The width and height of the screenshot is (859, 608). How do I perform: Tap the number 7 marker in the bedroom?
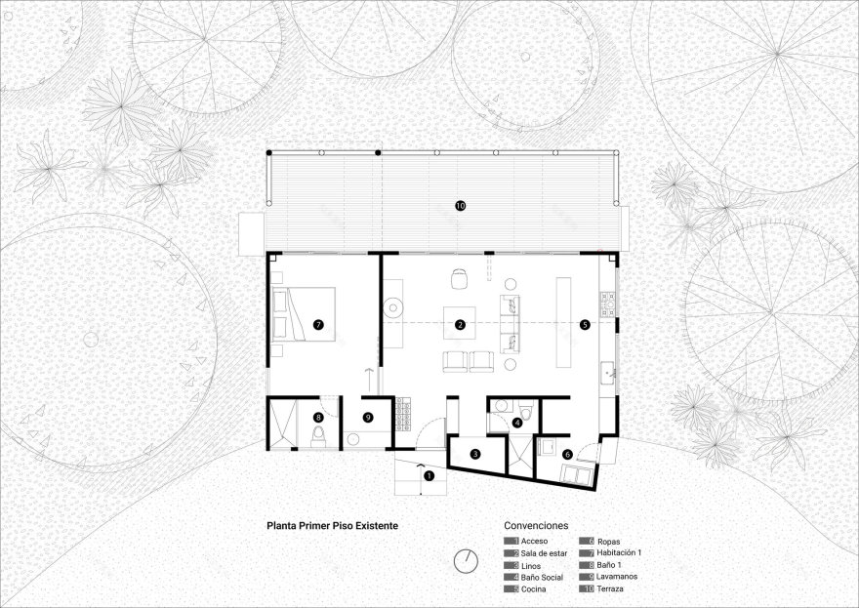[x=318, y=323]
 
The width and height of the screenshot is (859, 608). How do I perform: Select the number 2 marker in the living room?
[x=461, y=323]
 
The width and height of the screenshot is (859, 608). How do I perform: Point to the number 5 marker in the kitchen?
[x=585, y=323]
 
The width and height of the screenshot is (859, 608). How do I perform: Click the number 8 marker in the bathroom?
[x=318, y=418]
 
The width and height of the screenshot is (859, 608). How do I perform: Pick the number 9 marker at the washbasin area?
[x=368, y=418]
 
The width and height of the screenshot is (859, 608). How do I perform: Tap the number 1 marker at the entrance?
[x=427, y=475]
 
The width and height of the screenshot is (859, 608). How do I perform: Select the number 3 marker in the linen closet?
[x=475, y=454]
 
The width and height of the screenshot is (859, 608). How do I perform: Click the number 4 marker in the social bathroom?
[x=517, y=422]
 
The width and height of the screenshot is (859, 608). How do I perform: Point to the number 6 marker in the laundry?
[x=567, y=454]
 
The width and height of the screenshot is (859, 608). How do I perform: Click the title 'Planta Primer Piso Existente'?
[x=332, y=524]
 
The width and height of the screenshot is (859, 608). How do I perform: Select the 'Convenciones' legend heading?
[x=536, y=524]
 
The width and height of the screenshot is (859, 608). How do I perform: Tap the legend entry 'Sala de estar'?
[x=547, y=553]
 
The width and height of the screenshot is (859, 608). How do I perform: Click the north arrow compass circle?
[x=466, y=560]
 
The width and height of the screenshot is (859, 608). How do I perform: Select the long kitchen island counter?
[x=563, y=323]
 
